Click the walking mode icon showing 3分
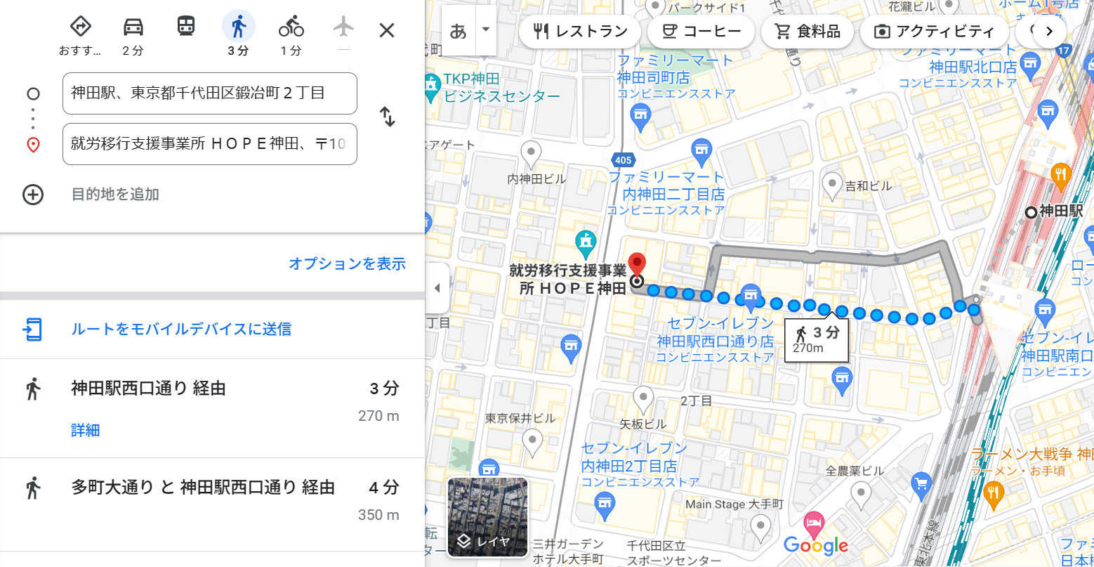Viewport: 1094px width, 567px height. (x=238, y=28)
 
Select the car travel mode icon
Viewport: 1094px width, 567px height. (x=133, y=28)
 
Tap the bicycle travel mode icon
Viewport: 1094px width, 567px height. (x=291, y=28)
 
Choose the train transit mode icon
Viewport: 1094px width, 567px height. (x=185, y=27)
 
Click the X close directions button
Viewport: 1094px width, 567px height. (x=387, y=30)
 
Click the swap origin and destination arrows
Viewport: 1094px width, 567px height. (x=388, y=117)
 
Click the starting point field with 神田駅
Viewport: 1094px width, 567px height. (x=209, y=93)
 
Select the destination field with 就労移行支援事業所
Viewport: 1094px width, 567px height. (x=209, y=144)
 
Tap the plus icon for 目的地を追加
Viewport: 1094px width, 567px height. (x=33, y=195)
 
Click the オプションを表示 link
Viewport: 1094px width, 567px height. (x=347, y=263)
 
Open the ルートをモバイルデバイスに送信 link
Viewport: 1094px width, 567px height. (x=181, y=329)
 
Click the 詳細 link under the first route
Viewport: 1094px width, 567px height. (x=85, y=430)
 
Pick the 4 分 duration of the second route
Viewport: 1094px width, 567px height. (x=384, y=487)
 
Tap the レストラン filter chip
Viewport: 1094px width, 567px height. (x=580, y=32)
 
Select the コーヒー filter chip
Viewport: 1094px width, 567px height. (x=701, y=32)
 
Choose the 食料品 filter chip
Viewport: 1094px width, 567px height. (x=807, y=32)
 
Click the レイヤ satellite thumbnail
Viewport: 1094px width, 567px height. (x=487, y=516)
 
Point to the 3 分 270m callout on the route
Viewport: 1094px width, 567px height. (x=816, y=339)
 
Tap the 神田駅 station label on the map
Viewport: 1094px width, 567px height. (x=1060, y=211)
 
